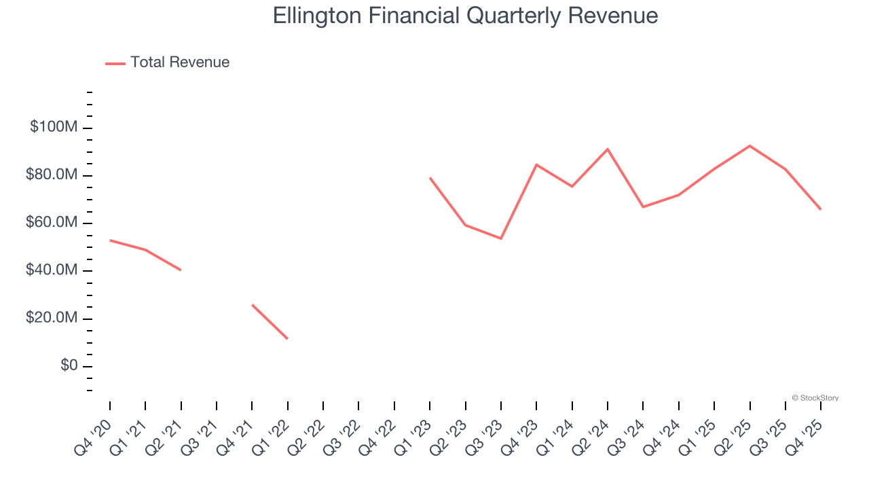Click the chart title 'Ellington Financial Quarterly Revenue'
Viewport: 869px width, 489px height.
pos(465,16)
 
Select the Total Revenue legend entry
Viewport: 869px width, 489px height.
pos(168,62)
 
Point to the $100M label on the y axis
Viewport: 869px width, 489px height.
pos(54,128)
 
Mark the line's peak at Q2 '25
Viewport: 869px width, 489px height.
pos(750,145)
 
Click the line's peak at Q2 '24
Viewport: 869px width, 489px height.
pos(608,149)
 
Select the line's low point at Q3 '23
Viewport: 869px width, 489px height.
pos(501,238)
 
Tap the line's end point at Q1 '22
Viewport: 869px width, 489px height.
pos(288,339)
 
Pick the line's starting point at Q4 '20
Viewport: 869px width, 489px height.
pos(110,240)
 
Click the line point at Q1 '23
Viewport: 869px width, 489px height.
pos(430,177)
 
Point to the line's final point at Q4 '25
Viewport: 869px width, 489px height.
pos(821,209)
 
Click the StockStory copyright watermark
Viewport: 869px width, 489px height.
pos(815,398)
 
